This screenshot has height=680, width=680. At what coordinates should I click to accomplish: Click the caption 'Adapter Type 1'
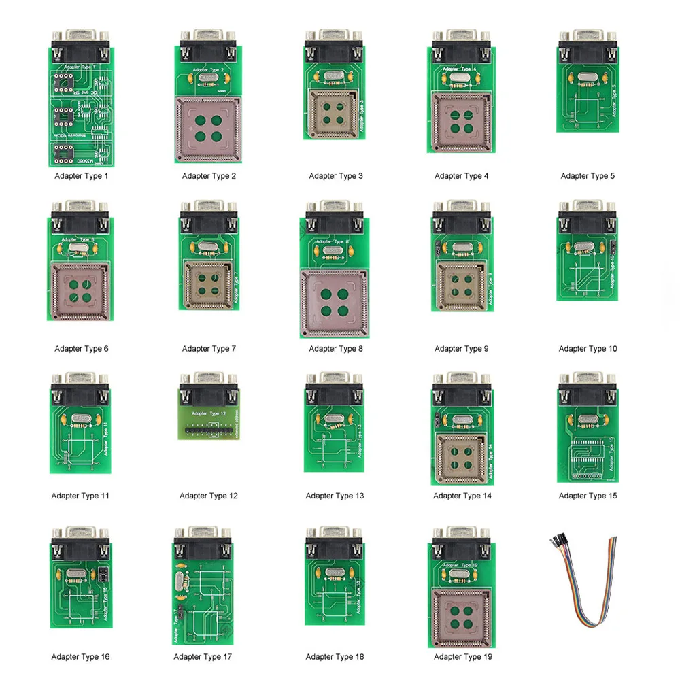82,176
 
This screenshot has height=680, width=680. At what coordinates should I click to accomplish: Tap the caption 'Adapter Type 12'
209,496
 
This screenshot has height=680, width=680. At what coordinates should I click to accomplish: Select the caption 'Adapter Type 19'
462,656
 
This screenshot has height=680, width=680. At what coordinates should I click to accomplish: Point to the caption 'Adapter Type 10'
588,349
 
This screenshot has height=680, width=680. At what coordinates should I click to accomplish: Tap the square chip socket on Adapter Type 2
209,128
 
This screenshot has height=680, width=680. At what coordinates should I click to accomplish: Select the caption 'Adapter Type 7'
209,349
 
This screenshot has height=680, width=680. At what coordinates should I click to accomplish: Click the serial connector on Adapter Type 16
81,543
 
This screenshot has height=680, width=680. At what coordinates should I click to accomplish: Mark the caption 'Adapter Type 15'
588,496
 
